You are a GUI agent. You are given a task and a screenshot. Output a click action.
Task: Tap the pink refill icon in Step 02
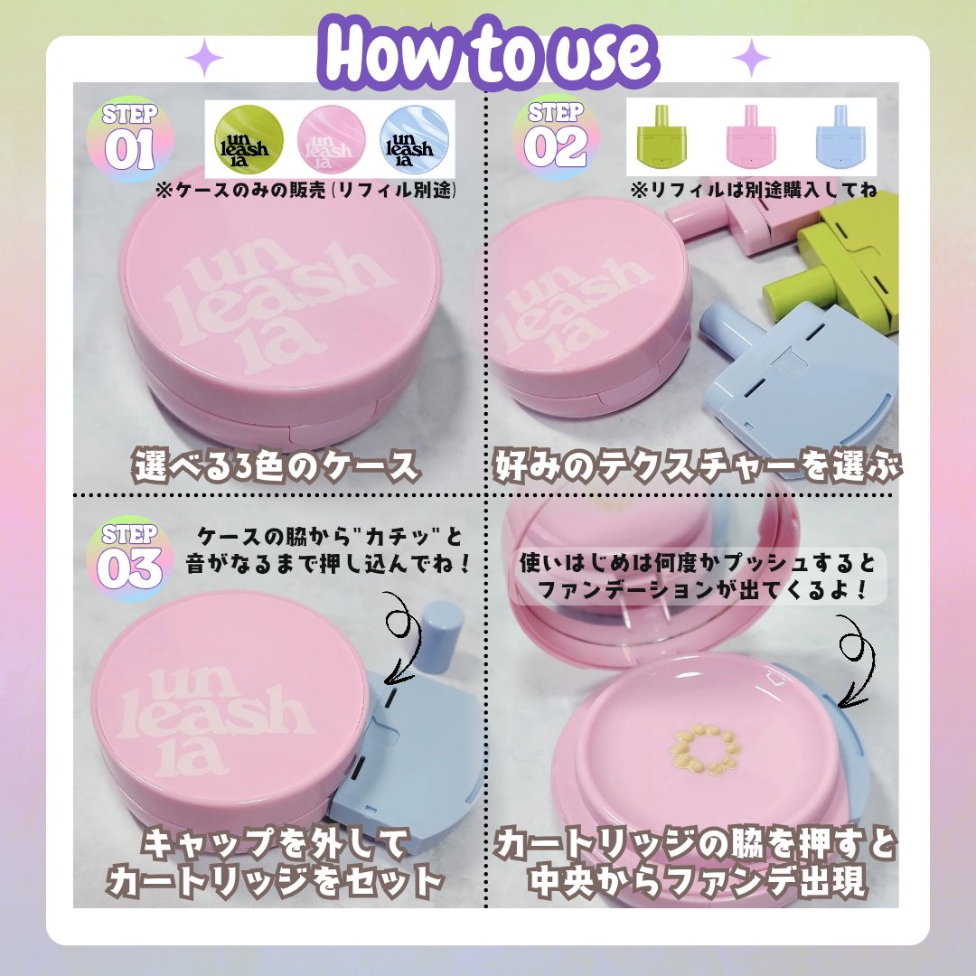click(x=749, y=136)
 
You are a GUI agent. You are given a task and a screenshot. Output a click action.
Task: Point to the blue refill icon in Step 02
click(x=835, y=136)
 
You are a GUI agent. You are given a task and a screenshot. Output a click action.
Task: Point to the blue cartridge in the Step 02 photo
click(x=795, y=361)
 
